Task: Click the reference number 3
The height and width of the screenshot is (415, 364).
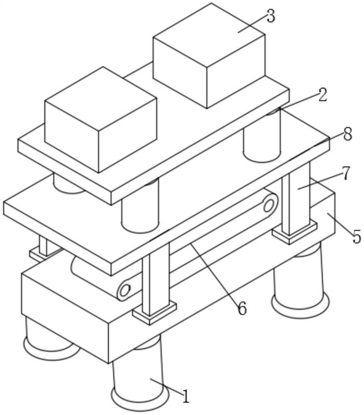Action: coord(271,17)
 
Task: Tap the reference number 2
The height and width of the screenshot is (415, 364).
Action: coord(322,95)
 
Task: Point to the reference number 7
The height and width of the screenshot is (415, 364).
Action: coord(346,173)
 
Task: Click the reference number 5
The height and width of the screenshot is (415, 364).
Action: coord(357,237)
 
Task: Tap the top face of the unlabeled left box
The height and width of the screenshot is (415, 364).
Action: coord(101,99)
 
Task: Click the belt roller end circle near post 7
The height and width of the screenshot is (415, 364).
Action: coord(269,205)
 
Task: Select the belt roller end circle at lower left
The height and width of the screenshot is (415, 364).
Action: coord(125,290)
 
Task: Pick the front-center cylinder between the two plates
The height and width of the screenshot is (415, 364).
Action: coord(140,206)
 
